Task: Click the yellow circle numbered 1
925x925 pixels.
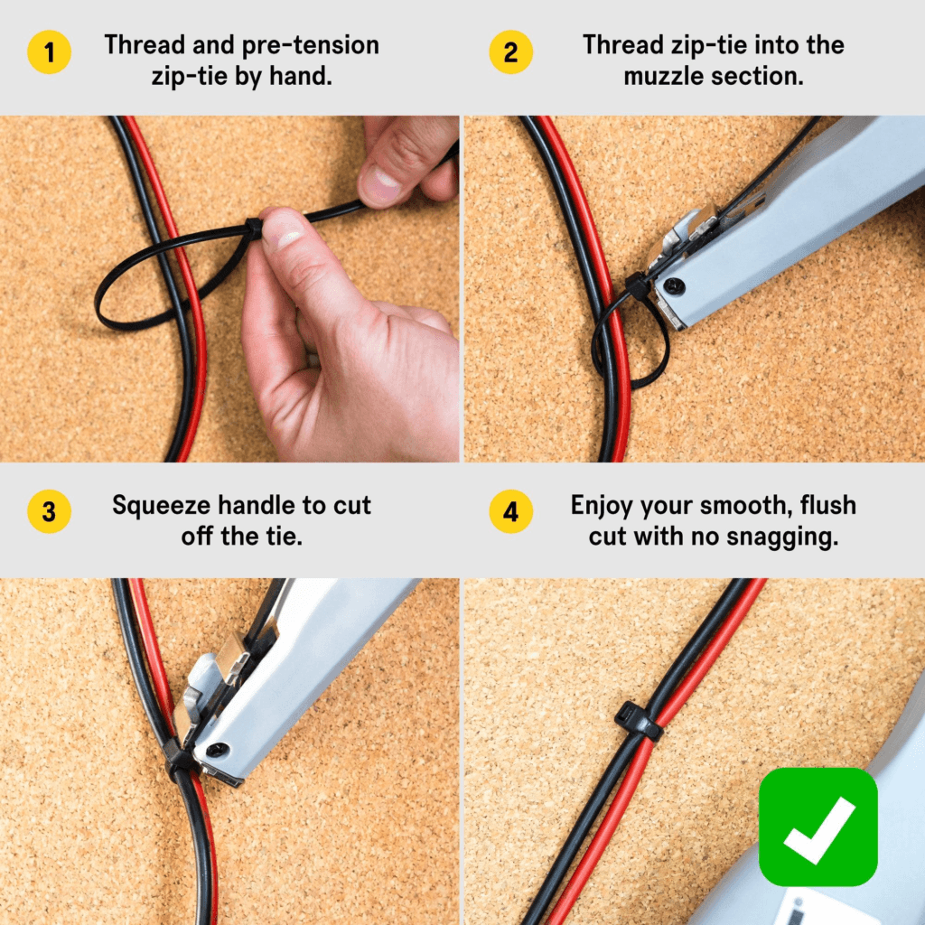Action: pyautogui.click(x=49, y=51)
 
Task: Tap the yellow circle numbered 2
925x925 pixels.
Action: pyautogui.click(x=511, y=51)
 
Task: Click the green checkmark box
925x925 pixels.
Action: pyautogui.click(x=818, y=826)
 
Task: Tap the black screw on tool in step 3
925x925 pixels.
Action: pyautogui.click(x=216, y=750)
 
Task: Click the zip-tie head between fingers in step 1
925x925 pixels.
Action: pyautogui.click(x=254, y=229)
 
